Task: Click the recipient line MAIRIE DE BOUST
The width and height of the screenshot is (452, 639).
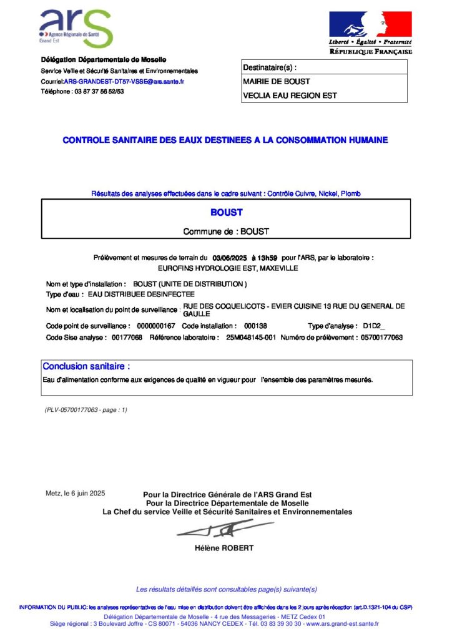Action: coord(276,81)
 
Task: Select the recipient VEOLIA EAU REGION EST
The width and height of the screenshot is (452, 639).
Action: coord(290,95)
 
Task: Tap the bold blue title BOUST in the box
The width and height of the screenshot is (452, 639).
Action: coord(226,212)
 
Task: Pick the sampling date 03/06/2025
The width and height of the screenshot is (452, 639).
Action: coord(230,257)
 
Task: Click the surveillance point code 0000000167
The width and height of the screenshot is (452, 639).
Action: coord(155,326)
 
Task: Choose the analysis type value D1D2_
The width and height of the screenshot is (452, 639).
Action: coord(374,326)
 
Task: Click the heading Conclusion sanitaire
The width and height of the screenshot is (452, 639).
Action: coord(86,366)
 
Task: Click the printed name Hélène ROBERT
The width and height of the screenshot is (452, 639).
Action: coord(225,549)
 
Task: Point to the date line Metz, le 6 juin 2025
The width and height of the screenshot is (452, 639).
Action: coord(76,494)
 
